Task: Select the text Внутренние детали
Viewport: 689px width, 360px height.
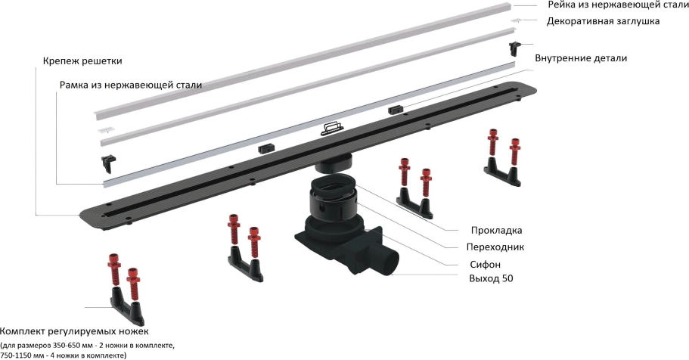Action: point(580,58)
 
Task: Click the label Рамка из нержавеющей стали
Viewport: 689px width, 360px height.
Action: point(131,85)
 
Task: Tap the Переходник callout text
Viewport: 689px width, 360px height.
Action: point(495,247)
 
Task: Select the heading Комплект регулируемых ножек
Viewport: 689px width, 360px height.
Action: point(74,331)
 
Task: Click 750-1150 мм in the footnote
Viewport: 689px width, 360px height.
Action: point(26,354)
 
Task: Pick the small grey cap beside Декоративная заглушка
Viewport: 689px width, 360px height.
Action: point(517,20)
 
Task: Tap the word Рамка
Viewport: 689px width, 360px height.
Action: point(76,85)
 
